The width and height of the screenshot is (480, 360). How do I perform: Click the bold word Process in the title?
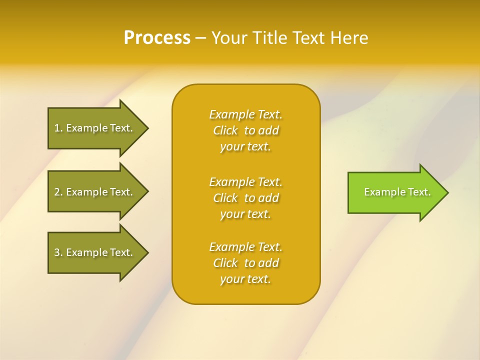pos(157,38)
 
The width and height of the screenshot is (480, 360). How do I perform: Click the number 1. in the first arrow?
pos(58,128)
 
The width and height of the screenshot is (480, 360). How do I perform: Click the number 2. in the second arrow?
pos(58,192)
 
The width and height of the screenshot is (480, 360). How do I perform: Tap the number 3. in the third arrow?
pos(58,252)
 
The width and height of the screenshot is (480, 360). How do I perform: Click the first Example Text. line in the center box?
pos(245,114)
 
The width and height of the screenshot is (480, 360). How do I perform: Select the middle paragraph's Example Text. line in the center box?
pos(245,181)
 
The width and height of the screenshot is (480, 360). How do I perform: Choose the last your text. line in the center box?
pos(245,279)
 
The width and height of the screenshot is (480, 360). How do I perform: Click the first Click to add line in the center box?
pos(245,130)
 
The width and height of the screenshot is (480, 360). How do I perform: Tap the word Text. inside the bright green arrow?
pos(418,192)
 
